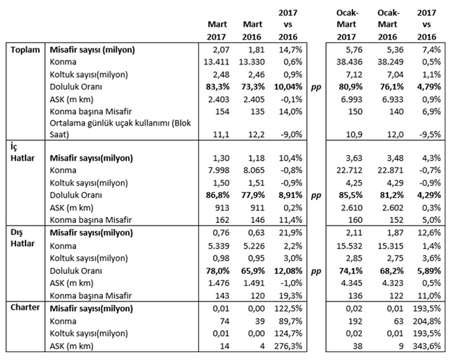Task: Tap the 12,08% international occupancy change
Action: click(287, 270)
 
